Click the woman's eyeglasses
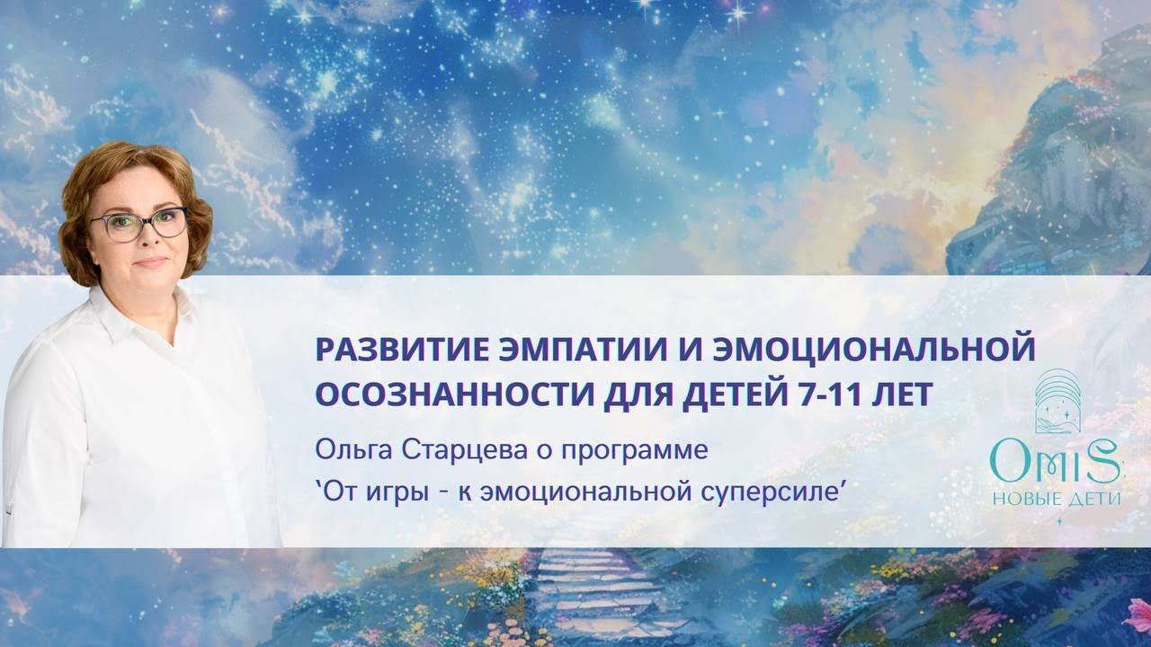[x=139, y=223]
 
